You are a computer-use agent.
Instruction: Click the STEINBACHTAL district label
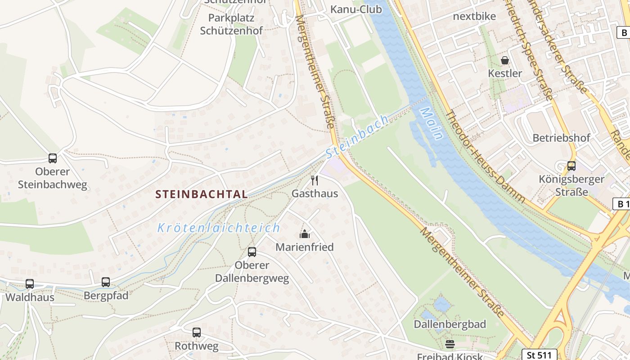[x=201, y=194]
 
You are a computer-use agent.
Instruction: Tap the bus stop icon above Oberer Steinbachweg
[x=53, y=158]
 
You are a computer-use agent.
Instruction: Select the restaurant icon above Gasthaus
[x=315, y=180]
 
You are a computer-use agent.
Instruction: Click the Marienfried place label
[x=305, y=247]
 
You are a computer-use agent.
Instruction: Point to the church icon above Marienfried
[x=305, y=234]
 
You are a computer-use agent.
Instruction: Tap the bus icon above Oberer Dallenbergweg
[x=252, y=252]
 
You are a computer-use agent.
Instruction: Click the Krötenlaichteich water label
[x=219, y=228]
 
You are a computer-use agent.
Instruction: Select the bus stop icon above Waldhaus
[x=30, y=284]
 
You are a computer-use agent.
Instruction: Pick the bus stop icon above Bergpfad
[x=106, y=282]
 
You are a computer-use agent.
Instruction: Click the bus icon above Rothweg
[x=197, y=333]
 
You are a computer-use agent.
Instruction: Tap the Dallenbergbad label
[x=450, y=324]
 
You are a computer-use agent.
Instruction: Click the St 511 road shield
[x=539, y=355]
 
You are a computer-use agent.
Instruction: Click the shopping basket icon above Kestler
[x=505, y=60]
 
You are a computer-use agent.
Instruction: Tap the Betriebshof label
[x=561, y=138]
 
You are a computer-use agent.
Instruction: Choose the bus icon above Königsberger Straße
[x=571, y=166]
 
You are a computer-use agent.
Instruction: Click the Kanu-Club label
[x=356, y=9]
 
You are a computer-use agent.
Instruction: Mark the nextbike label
[x=474, y=16]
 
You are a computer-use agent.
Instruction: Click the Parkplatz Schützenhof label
[x=231, y=24]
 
